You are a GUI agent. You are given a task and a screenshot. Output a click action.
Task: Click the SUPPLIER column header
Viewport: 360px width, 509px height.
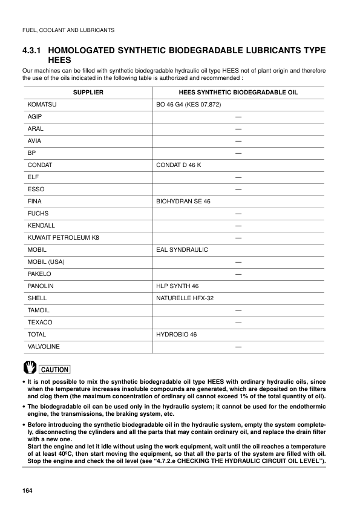(x=88, y=92)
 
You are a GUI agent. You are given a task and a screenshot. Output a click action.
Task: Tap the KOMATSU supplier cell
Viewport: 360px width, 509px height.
(x=42, y=104)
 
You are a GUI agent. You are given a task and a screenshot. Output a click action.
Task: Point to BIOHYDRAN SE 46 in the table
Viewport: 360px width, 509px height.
(x=183, y=201)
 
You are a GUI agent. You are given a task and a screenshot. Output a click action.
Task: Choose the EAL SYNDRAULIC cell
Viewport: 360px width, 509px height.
(x=182, y=249)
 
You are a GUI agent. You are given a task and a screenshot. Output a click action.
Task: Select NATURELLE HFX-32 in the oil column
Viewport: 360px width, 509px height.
(x=185, y=298)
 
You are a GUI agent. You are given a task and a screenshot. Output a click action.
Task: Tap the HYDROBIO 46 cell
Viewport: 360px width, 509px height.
(x=176, y=334)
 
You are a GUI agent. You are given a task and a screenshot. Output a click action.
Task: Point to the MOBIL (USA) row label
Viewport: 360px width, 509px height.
(x=46, y=261)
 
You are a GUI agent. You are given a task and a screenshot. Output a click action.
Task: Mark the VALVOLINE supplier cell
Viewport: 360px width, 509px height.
(x=44, y=346)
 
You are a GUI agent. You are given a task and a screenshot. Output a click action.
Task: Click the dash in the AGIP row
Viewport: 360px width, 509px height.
(x=238, y=116)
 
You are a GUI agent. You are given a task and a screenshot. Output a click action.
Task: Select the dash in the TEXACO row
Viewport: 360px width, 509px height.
(x=238, y=322)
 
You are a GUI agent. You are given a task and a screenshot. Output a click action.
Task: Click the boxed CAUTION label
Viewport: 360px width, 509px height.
(x=54, y=369)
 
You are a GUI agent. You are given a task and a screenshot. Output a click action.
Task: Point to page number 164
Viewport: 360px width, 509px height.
(x=27, y=489)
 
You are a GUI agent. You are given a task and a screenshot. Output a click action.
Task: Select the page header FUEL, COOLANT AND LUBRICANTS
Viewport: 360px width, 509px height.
(x=68, y=30)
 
